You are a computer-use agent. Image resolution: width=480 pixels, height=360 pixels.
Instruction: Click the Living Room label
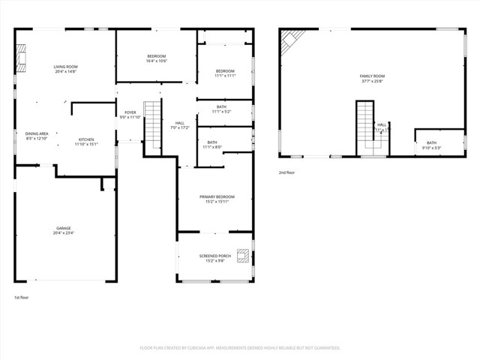[x=66, y=69]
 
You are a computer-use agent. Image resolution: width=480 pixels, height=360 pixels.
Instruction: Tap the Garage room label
[x=63, y=230]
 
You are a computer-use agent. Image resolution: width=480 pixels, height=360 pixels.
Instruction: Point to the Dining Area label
[x=37, y=136]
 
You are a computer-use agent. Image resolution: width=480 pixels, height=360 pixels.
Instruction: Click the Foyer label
[x=130, y=115]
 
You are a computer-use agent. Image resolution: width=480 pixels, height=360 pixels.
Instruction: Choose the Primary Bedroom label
[x=214, y=199]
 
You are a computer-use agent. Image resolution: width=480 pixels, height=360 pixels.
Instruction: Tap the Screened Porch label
[x=214, y=258]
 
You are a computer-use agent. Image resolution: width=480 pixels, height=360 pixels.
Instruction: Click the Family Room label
[x=372, y=79]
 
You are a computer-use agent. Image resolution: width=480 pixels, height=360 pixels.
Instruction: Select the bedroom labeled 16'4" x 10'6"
[x=156, y=58]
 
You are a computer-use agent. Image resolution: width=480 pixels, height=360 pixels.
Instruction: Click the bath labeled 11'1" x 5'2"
[x=221, y=109]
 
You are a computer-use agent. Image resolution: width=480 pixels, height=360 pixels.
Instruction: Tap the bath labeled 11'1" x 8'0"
[x=212, y=145]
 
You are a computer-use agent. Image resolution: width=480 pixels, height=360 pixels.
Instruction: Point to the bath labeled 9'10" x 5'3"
[x=431, y=145]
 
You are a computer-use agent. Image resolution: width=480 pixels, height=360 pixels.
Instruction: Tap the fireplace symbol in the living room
[x=22, y=56]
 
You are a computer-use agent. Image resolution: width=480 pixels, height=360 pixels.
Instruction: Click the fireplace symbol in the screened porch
[x=243, y=255]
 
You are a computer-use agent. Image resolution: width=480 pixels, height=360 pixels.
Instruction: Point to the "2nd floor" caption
[x=286, y=172]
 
